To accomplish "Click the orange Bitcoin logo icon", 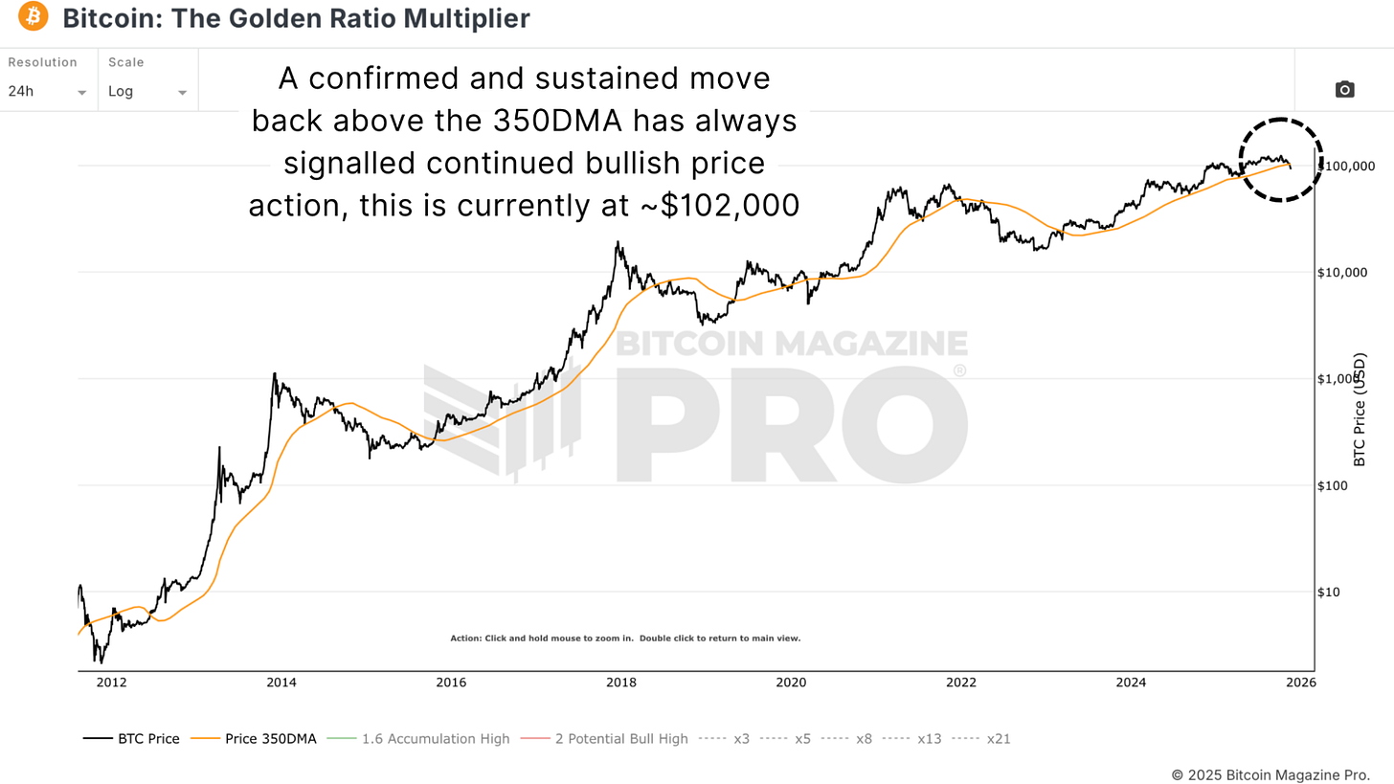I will click(34, 17).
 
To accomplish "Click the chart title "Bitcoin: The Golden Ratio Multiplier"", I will click(296, 17).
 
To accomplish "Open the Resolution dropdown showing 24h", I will click(48, 92).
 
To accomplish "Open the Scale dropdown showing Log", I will click(147, 92).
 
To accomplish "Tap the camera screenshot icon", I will click(1344, 90).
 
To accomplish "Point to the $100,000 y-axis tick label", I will click(1346, 167).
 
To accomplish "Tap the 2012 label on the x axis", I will click(111, 683).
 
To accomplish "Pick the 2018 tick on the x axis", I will click(620, 683).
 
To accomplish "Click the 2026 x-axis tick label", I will click(1300, 683).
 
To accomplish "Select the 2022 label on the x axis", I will click(960, 683).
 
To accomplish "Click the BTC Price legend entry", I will click(131, 739).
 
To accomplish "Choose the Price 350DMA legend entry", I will click(254, 739).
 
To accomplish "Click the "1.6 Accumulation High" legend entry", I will click(418, 739).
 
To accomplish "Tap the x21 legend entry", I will click(982, 739).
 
